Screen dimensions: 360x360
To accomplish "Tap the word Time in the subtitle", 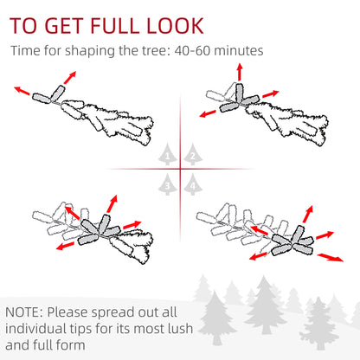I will point(26,50).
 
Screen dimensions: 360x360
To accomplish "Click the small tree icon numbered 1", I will point(168,155).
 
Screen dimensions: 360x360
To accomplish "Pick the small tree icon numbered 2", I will point(192,155).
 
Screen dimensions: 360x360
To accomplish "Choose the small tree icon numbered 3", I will point(168,183).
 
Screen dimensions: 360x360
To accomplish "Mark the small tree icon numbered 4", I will point(192,183).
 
